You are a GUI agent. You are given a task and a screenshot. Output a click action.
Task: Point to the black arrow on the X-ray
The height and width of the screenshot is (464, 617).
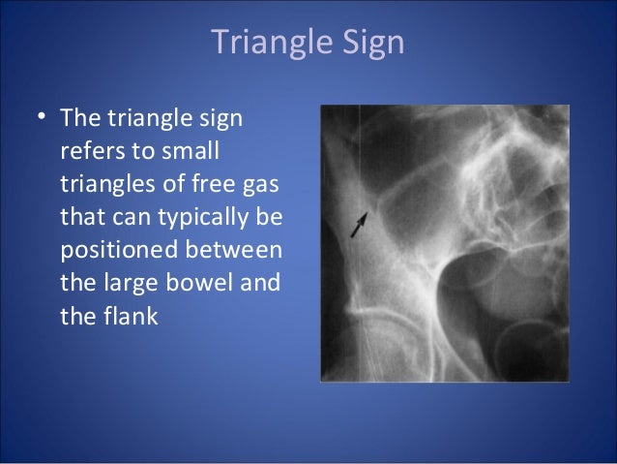pyautogui.click(x=359, y=226)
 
